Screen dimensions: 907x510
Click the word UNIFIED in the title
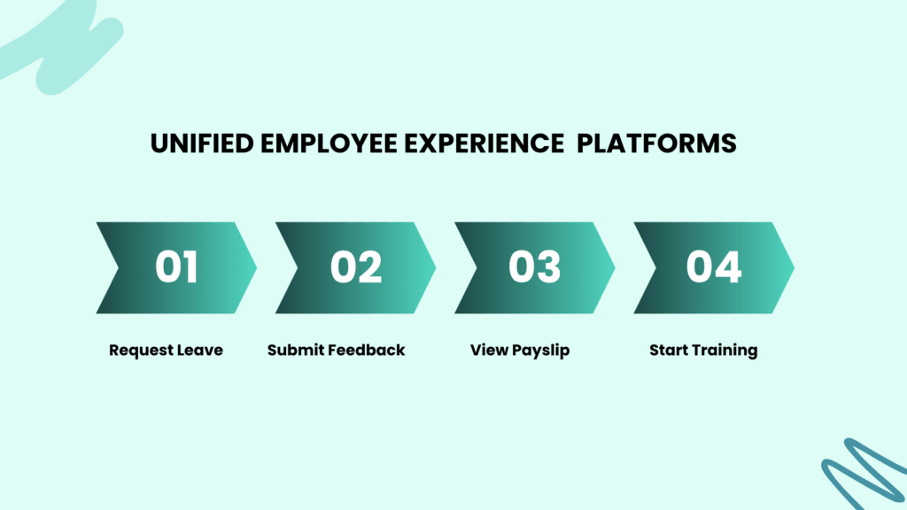point(202,143)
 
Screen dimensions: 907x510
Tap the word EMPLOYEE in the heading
point(329,143)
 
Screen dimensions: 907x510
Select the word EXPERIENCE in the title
point(484,143)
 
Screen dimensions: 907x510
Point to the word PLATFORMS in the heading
point(656,143)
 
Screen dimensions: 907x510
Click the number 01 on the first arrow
point(176,267)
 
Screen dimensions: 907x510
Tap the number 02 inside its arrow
point(356,267)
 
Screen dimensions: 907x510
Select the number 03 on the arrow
point(534,267)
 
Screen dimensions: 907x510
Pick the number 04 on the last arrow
point(714,267)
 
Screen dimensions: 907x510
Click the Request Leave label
point(166,351)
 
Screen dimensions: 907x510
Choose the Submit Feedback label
point(336,351)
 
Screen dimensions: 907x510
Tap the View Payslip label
point(520,351)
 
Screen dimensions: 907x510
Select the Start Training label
point(703,351)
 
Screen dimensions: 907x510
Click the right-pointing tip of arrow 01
point(256,267)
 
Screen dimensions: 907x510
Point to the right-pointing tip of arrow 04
point(794,267)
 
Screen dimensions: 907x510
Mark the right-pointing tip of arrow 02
point(436,267)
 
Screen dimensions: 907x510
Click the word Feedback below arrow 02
point(366,350)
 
